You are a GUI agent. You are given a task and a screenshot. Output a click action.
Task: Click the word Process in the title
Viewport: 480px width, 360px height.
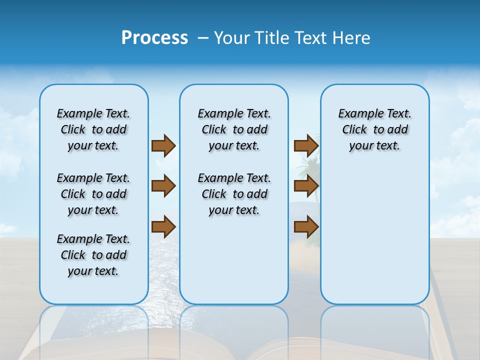(154, 38)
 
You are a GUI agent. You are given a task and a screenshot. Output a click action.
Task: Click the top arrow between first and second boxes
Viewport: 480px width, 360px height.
(163, 145)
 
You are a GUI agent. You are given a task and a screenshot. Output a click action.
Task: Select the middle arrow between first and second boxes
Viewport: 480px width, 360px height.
(163, 186)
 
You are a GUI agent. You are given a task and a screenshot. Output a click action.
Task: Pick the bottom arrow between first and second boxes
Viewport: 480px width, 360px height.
(163, 227)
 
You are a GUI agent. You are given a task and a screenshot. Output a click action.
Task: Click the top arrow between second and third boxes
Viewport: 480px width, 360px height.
(306, 145)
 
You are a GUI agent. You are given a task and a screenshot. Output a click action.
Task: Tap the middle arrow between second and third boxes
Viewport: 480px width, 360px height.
(306, 186)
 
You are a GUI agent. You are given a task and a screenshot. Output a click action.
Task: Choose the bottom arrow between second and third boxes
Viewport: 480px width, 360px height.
(306, 227)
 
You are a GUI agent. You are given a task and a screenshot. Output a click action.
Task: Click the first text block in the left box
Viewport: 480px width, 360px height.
(93, 129)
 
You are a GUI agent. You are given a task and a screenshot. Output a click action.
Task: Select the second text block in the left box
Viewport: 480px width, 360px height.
(93, 194)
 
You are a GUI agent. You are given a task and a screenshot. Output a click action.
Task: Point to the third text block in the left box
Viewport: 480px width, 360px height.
(93, 255)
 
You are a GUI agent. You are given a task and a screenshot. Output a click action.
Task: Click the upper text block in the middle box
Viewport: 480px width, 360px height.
(234, 129)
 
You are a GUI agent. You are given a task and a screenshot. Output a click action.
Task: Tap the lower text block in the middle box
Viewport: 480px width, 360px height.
(234, 194)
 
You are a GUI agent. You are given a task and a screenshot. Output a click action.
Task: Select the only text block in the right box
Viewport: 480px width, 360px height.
(374, 129)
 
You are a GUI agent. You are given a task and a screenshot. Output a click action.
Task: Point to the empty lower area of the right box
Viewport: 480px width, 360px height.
(374, 240)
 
